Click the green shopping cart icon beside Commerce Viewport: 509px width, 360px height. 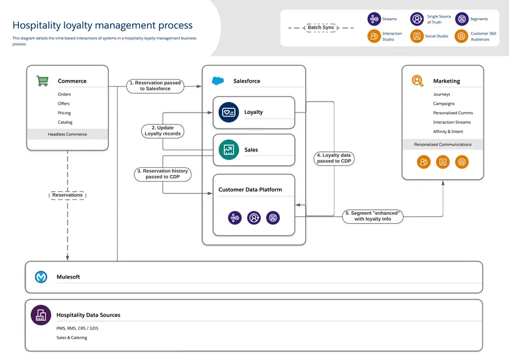pyautogui.click(x=42, y=81)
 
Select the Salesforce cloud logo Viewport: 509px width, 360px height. pyautogui.click(x=218, y=81)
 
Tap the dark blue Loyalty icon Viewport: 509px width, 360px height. pyautogui.click(x=229, y=112)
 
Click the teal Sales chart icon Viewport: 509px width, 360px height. pyautogui.click(x=229, y=150)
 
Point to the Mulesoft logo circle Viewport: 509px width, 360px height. pyautogui.click(x=41, y=277)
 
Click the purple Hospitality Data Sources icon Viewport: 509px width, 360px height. pyautogui.click(x=41, y=315)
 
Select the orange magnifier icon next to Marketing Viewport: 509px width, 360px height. pyautogui.click(x=417, y=81)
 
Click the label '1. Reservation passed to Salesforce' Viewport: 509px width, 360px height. pyautogui.click(x=155, y=86)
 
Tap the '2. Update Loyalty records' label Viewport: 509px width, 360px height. pyautogui.click(x=163, y=131)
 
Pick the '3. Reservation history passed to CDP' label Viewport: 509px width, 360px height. pyautogui.click(x=162, y=174)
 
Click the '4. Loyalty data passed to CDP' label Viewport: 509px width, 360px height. pyautogui.click(x=334, y=158)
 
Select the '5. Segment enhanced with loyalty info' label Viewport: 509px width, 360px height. pyautogui.click(x=372, y=216)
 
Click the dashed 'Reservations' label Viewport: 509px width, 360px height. pyautogui.click(x=68, y=195)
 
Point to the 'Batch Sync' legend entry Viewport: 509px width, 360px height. pyautogui.click(x=320, y=28)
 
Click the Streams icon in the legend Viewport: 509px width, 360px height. pyautogui.click(x=374, y=20)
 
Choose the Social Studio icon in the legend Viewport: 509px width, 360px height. pyautogui.click(x=417, y=36)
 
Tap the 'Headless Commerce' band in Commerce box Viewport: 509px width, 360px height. pyautogui.click(x=67, y=134)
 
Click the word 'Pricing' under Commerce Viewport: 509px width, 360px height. pyautogui.click(x=64, y=113)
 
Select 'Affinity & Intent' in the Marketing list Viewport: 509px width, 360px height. pyautogui.click(x=448, y=132)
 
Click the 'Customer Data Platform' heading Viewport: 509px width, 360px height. pyautogui.click(x=250, y=189)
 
